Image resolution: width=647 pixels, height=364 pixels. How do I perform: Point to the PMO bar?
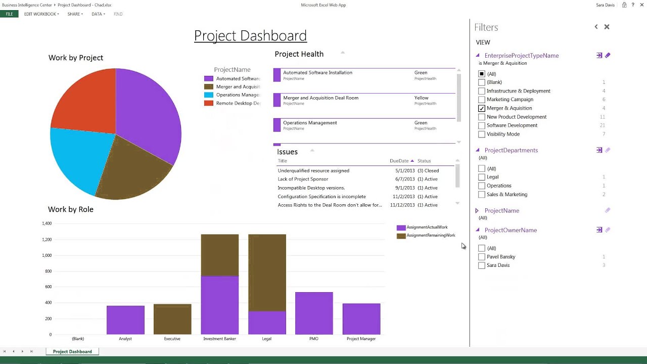[314, 313]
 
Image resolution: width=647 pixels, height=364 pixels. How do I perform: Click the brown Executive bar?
[172, 319]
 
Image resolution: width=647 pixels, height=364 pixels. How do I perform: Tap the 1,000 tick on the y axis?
[47, 255]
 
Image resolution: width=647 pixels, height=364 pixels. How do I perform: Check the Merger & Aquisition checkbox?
[482, 108]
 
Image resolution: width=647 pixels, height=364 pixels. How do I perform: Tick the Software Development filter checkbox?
[482, 125]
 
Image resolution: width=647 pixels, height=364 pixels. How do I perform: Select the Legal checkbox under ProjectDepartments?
[482, 177]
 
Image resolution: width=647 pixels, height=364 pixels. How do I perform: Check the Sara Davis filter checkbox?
[482, 265]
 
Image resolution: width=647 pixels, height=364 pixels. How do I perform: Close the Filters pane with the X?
[607, 27]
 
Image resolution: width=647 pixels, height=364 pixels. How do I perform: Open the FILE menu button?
[9, 14]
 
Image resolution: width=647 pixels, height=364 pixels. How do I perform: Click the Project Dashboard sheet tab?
[72, 351]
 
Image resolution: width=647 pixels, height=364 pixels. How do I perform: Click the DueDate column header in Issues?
[399, 161]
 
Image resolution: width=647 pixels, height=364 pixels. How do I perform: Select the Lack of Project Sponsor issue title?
[303, 179]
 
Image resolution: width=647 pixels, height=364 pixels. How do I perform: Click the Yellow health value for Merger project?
[421, 98]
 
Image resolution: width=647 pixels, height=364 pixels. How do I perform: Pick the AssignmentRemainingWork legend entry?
[430, 236]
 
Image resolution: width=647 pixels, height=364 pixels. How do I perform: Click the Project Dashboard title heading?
[250, 36]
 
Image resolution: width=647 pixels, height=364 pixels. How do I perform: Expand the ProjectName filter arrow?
[477, 211]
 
